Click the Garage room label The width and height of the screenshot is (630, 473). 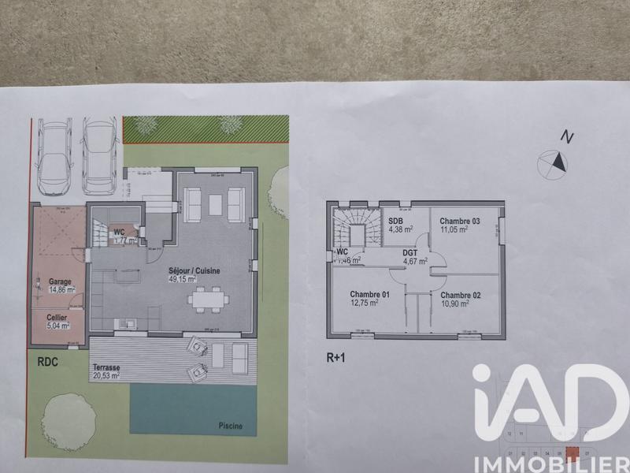[60, 281]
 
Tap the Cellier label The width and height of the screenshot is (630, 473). [57, 317]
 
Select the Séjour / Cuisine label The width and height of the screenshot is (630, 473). [194, 270]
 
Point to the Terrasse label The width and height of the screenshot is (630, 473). [106, 367]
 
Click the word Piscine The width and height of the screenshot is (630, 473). [231, 426]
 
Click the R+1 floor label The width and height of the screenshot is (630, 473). [337, 356]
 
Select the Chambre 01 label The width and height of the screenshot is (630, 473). [365, 294]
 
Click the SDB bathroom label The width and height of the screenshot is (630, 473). [395, 220]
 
